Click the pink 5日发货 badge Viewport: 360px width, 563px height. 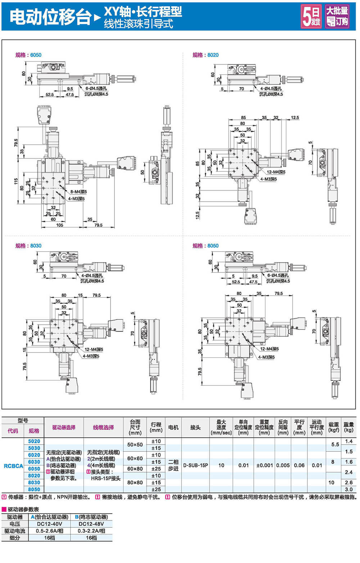311,16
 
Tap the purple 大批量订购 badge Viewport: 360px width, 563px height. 337,16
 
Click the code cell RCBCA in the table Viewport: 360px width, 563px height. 13,466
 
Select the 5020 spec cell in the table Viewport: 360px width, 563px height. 34,441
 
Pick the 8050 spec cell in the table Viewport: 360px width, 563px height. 34,489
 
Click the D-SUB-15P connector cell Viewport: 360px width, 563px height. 195,465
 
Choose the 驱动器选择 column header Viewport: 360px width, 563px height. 64,427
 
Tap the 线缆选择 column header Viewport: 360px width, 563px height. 103,427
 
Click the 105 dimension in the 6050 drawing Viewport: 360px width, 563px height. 60,225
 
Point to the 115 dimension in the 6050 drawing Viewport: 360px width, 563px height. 16,181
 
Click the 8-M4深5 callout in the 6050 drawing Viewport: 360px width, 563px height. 78,192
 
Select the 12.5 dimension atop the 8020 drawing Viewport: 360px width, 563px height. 295,118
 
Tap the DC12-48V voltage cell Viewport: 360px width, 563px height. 91,524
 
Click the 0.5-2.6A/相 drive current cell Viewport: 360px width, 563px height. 50,531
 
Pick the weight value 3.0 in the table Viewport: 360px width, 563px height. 348,489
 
